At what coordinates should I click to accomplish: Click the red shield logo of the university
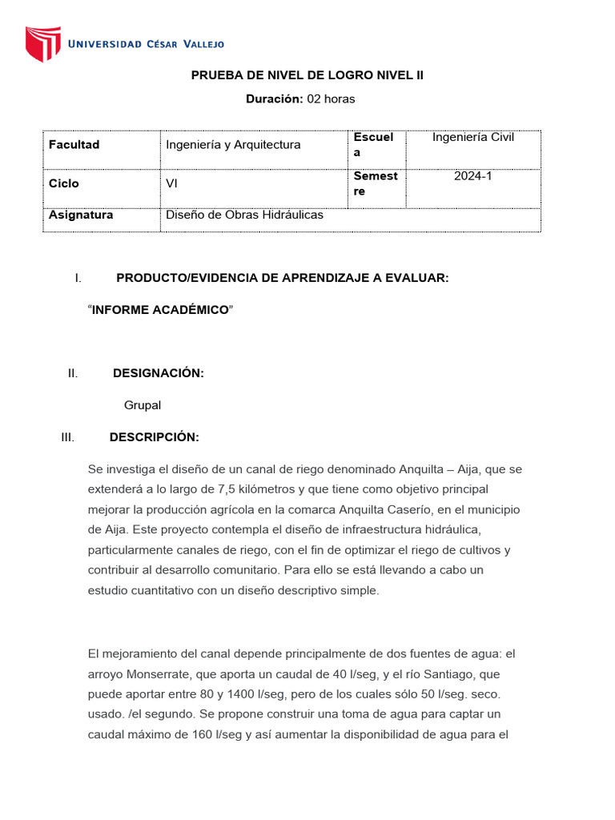(43, 44)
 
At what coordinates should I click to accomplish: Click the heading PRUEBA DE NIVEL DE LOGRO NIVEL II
(307, 75)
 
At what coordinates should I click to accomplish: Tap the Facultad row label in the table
(74, 145)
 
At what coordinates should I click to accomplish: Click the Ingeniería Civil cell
(473, 137)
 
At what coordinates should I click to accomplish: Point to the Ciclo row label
(64, 183)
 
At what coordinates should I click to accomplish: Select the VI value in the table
(171, 183)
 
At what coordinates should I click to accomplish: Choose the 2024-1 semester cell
(473, 175)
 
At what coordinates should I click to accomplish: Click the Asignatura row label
(81, 215)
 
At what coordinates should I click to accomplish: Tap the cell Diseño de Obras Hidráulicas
(244, 215)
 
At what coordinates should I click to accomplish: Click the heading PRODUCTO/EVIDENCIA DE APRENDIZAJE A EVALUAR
(283, 278)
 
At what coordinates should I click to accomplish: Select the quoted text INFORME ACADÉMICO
(161, 310)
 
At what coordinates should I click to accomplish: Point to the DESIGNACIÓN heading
(159, 373)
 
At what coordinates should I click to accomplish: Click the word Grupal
(143, 405)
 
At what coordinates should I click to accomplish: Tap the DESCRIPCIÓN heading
(154, 437)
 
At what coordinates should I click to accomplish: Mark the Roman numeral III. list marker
(67, 437)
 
